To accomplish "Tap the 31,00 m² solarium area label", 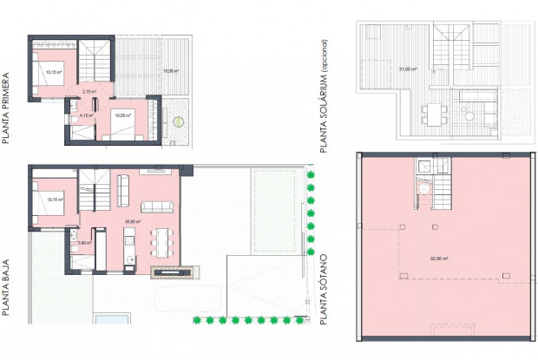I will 403,69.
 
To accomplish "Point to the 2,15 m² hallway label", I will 88,91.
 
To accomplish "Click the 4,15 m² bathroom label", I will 86,115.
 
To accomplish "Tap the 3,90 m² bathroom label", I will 83,243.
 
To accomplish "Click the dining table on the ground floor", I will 161,239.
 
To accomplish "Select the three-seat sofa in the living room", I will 157,206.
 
